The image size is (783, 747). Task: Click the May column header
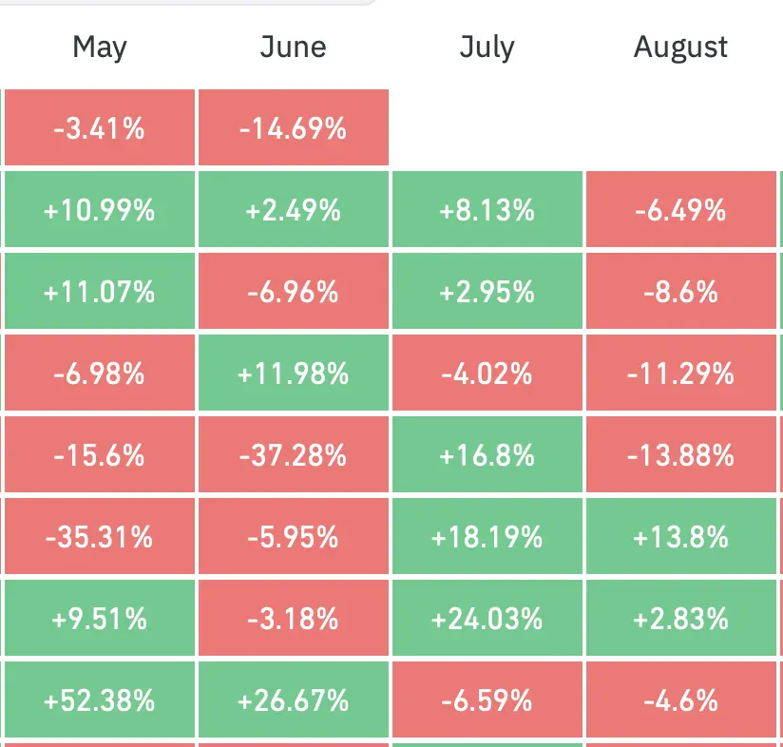[x=100, y=48]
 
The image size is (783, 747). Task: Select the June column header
[x=293, y=47]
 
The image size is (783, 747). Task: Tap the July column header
[x=487, y=48]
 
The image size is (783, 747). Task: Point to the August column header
[x=680, y=48]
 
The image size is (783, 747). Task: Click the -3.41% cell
[x=100, y=127]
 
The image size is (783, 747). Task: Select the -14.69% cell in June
[x=294, y=127]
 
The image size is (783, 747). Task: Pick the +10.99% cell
[x=100, y=209]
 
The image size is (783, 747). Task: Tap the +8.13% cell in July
[x=487, y=209]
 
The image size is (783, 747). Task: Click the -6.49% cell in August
[x=681, y=209]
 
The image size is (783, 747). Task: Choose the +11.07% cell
[x=100, y=291]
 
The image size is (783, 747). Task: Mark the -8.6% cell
[x=681, y=291]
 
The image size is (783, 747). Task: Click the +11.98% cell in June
[x=294, y=373]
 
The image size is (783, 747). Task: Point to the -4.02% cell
[x=487, y=373]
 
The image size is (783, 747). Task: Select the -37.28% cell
[x=294, y=454]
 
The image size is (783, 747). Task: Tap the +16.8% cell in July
[x=487, y=454]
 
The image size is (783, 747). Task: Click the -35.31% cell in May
[x=100, y=536]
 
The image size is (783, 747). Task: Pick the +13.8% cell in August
[x=681, y=536]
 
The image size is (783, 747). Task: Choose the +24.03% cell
[x=487, y=618]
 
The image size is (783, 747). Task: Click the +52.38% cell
[x=100, y=699]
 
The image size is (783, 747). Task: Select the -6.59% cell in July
[x=487, y=699]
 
